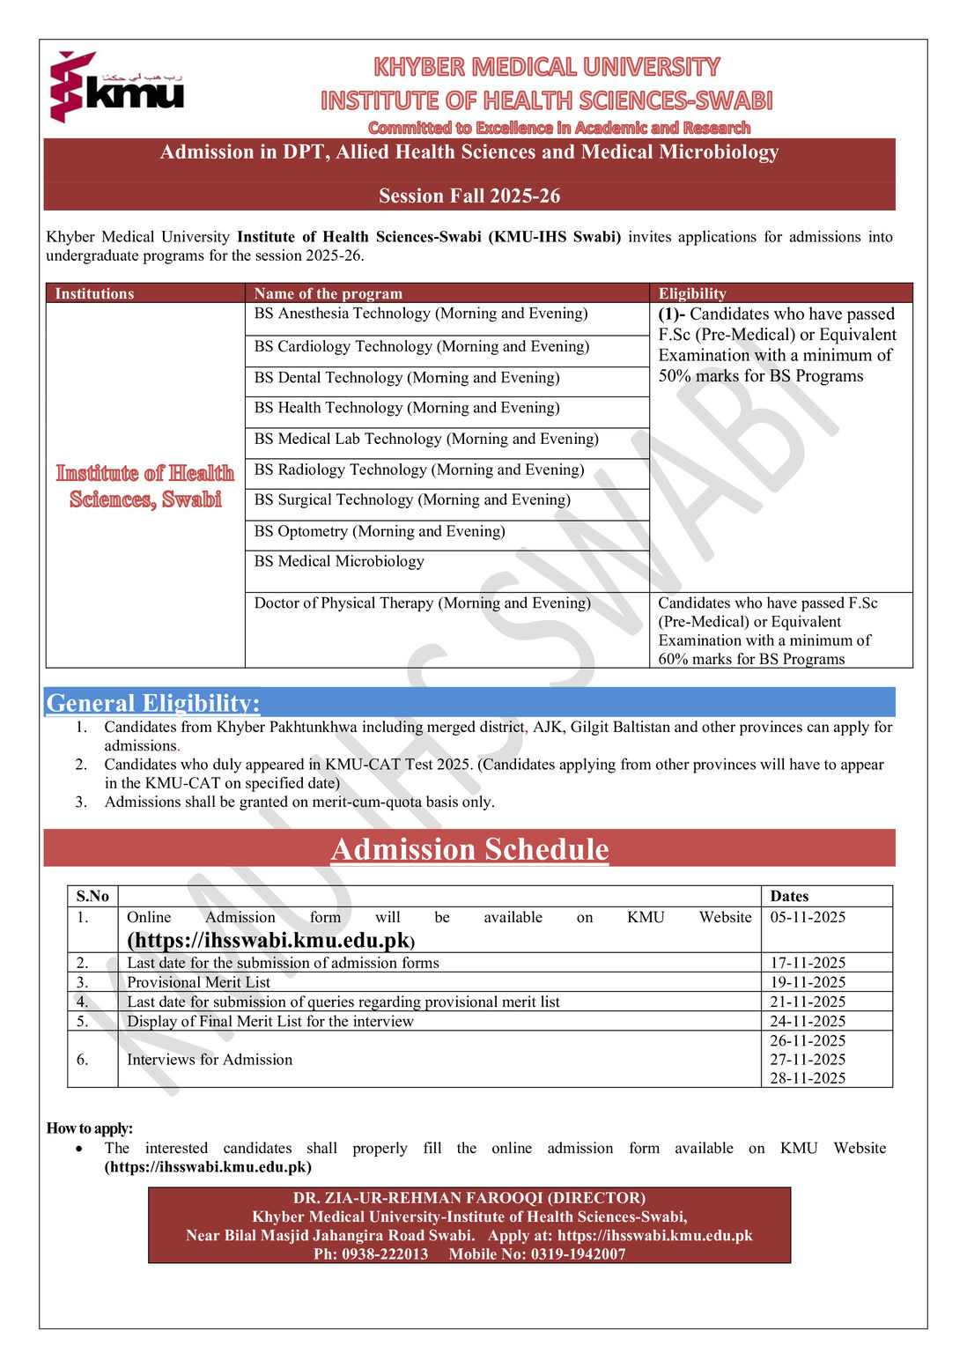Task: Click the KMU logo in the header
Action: pyautogui.click(x=116, y=86)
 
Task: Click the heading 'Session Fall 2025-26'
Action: pyautogui.click(x=469, y=196)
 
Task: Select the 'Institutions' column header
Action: pyautogui.click(x=94, y=293)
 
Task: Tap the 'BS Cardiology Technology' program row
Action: pyautogui.click(x=422, y=346)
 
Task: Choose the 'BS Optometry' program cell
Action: pyautogui.click(x=380, y=531)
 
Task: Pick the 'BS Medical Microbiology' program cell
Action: pyautogui.click(x=339, y=561)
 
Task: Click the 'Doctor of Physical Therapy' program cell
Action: pyautogui.click(x=423, y=603)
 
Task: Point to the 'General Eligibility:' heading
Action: pyautogui.click(x=153, y=703)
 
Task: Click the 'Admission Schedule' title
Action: pyautogui.click(x=469, y=849)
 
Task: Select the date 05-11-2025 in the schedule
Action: pyautogui.click(x=808, y=917)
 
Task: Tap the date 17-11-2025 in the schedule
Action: pyautogui.click(x=808, y=963)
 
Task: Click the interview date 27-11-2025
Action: pyautogui.click(x=808, y=1059)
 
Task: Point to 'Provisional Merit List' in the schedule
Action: pyautogui.click(x=198, y=982)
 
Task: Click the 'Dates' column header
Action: pyautogui.click(x=789, y=896)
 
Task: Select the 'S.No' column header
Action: pyautogui.click(x=92, y=896)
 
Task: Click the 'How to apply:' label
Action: pyautogui.click(x=90, y=1128)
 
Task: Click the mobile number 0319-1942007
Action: pyautogui.click(x=578, y=1253)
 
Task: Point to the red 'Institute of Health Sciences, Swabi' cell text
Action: pyautogui.click(x=145, y=486)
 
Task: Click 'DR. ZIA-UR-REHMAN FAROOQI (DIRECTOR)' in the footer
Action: pyautogui.click(x=469, y=1198)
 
